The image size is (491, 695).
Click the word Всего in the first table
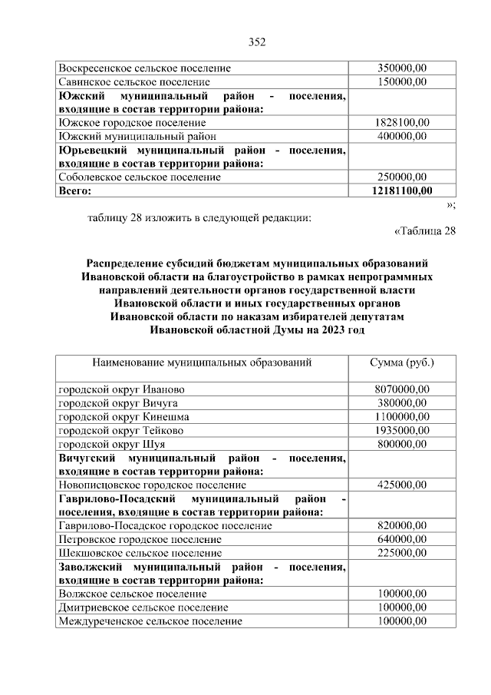tap(75, 190)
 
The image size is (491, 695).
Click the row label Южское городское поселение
tap(122, 122)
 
